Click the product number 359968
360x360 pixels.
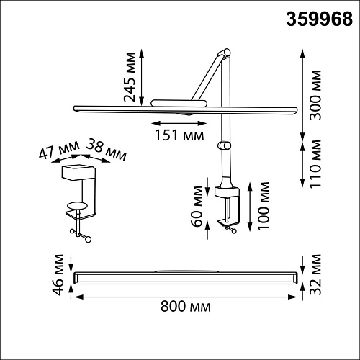coord(319,19)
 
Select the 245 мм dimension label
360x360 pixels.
coord(130,77)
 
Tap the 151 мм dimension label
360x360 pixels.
coord(179,135)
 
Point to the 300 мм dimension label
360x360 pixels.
coord(315,95)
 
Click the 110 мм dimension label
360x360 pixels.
coord(315,164)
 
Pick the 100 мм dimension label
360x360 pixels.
coord(263,206)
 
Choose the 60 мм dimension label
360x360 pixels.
coord(197,206)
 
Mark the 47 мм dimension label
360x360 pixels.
coord(59,150)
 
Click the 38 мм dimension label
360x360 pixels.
coord(107,150)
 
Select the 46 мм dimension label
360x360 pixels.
coord(58,274)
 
